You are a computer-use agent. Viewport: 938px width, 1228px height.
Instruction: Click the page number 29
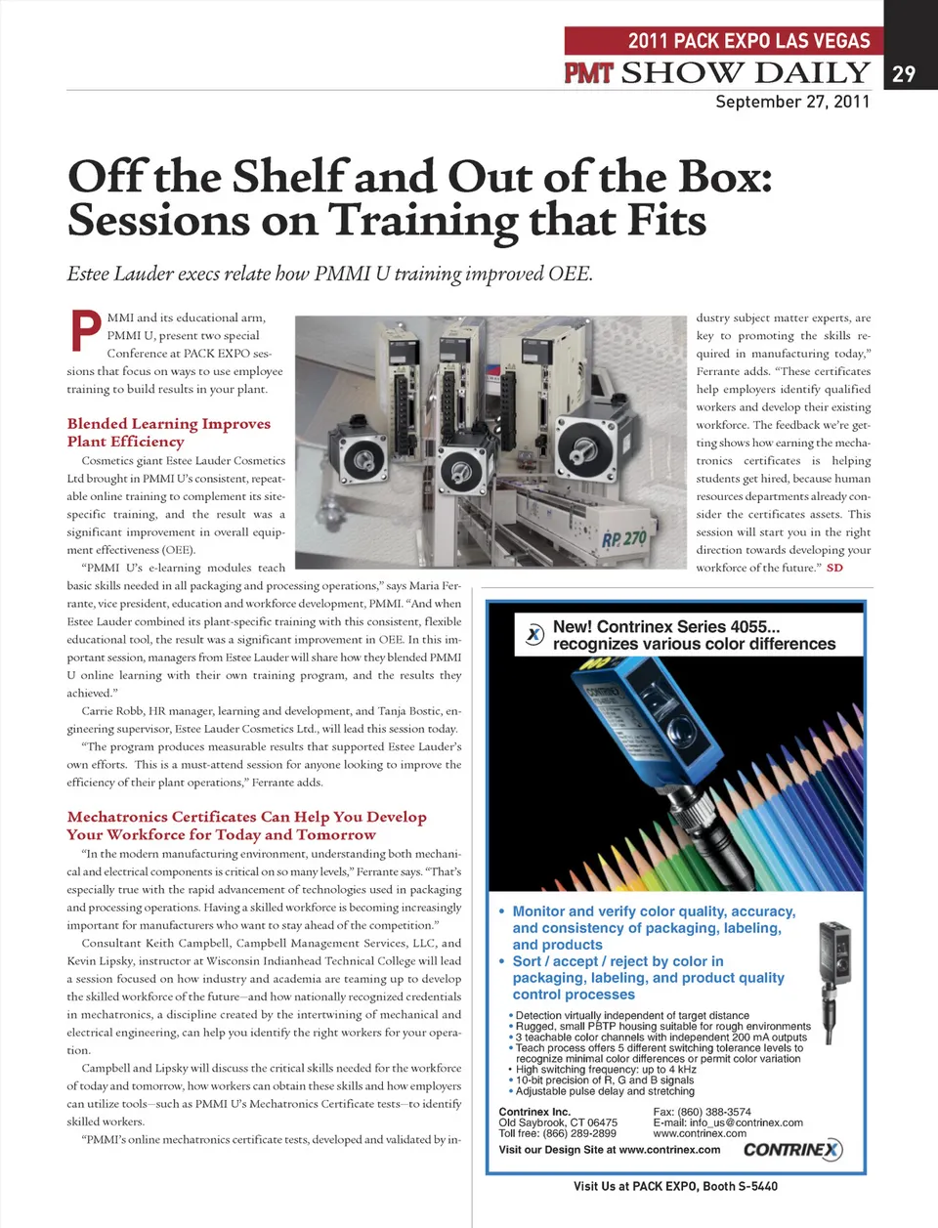coord(904,73)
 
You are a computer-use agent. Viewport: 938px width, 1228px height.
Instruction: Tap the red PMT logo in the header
coord(588,72)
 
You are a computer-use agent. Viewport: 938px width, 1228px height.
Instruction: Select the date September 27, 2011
coord(791,102)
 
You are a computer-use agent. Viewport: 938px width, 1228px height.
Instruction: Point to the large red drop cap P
coord(85,330)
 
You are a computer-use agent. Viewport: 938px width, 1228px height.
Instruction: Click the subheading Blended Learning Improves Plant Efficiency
coord(168,432)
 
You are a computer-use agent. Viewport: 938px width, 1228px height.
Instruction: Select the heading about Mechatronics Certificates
coord(246,826)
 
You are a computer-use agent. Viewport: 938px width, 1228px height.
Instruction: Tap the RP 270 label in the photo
coord(624,538)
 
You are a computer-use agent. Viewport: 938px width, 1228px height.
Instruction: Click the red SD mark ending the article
coord(834,568)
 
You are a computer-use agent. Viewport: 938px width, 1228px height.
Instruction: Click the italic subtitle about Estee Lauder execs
coord(329,274)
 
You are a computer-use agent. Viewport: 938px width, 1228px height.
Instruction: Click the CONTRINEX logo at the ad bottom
coord(791,1149)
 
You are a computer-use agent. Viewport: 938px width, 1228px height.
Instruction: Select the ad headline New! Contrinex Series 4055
coord(694,635)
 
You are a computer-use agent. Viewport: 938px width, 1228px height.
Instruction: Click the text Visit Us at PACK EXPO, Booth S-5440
coord(675,1186)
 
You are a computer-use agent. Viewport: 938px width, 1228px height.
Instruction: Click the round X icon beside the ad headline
coord(534,634)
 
